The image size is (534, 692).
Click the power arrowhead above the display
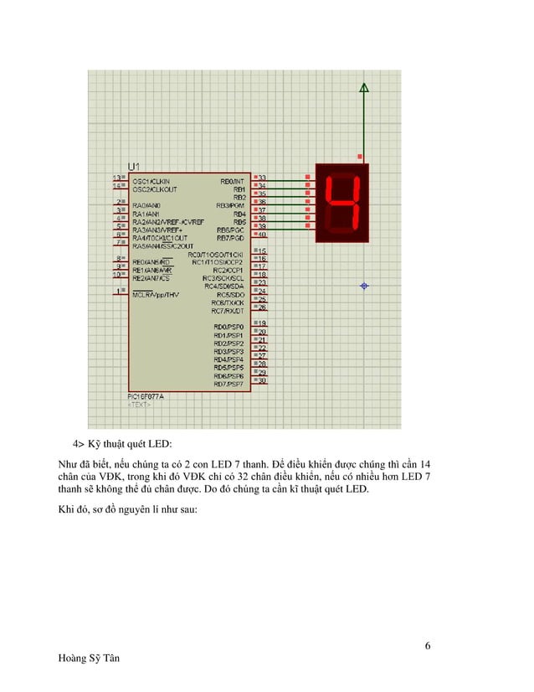(363, 87)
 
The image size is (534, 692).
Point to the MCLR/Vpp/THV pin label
(154, 295)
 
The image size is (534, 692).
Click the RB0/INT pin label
(232, 180)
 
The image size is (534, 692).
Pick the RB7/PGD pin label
(230, 237)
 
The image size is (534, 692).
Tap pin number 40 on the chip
(261, 235)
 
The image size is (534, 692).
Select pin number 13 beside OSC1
(117, 178)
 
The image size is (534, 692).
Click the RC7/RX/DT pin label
(228, 311)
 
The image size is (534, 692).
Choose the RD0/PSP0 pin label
(228, 327)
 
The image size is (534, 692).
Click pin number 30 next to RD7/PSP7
(261, 381)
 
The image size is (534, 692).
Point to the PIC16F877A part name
(145, 396)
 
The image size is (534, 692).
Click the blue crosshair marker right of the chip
(363, 287)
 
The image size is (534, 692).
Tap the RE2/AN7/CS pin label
(151, 278)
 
